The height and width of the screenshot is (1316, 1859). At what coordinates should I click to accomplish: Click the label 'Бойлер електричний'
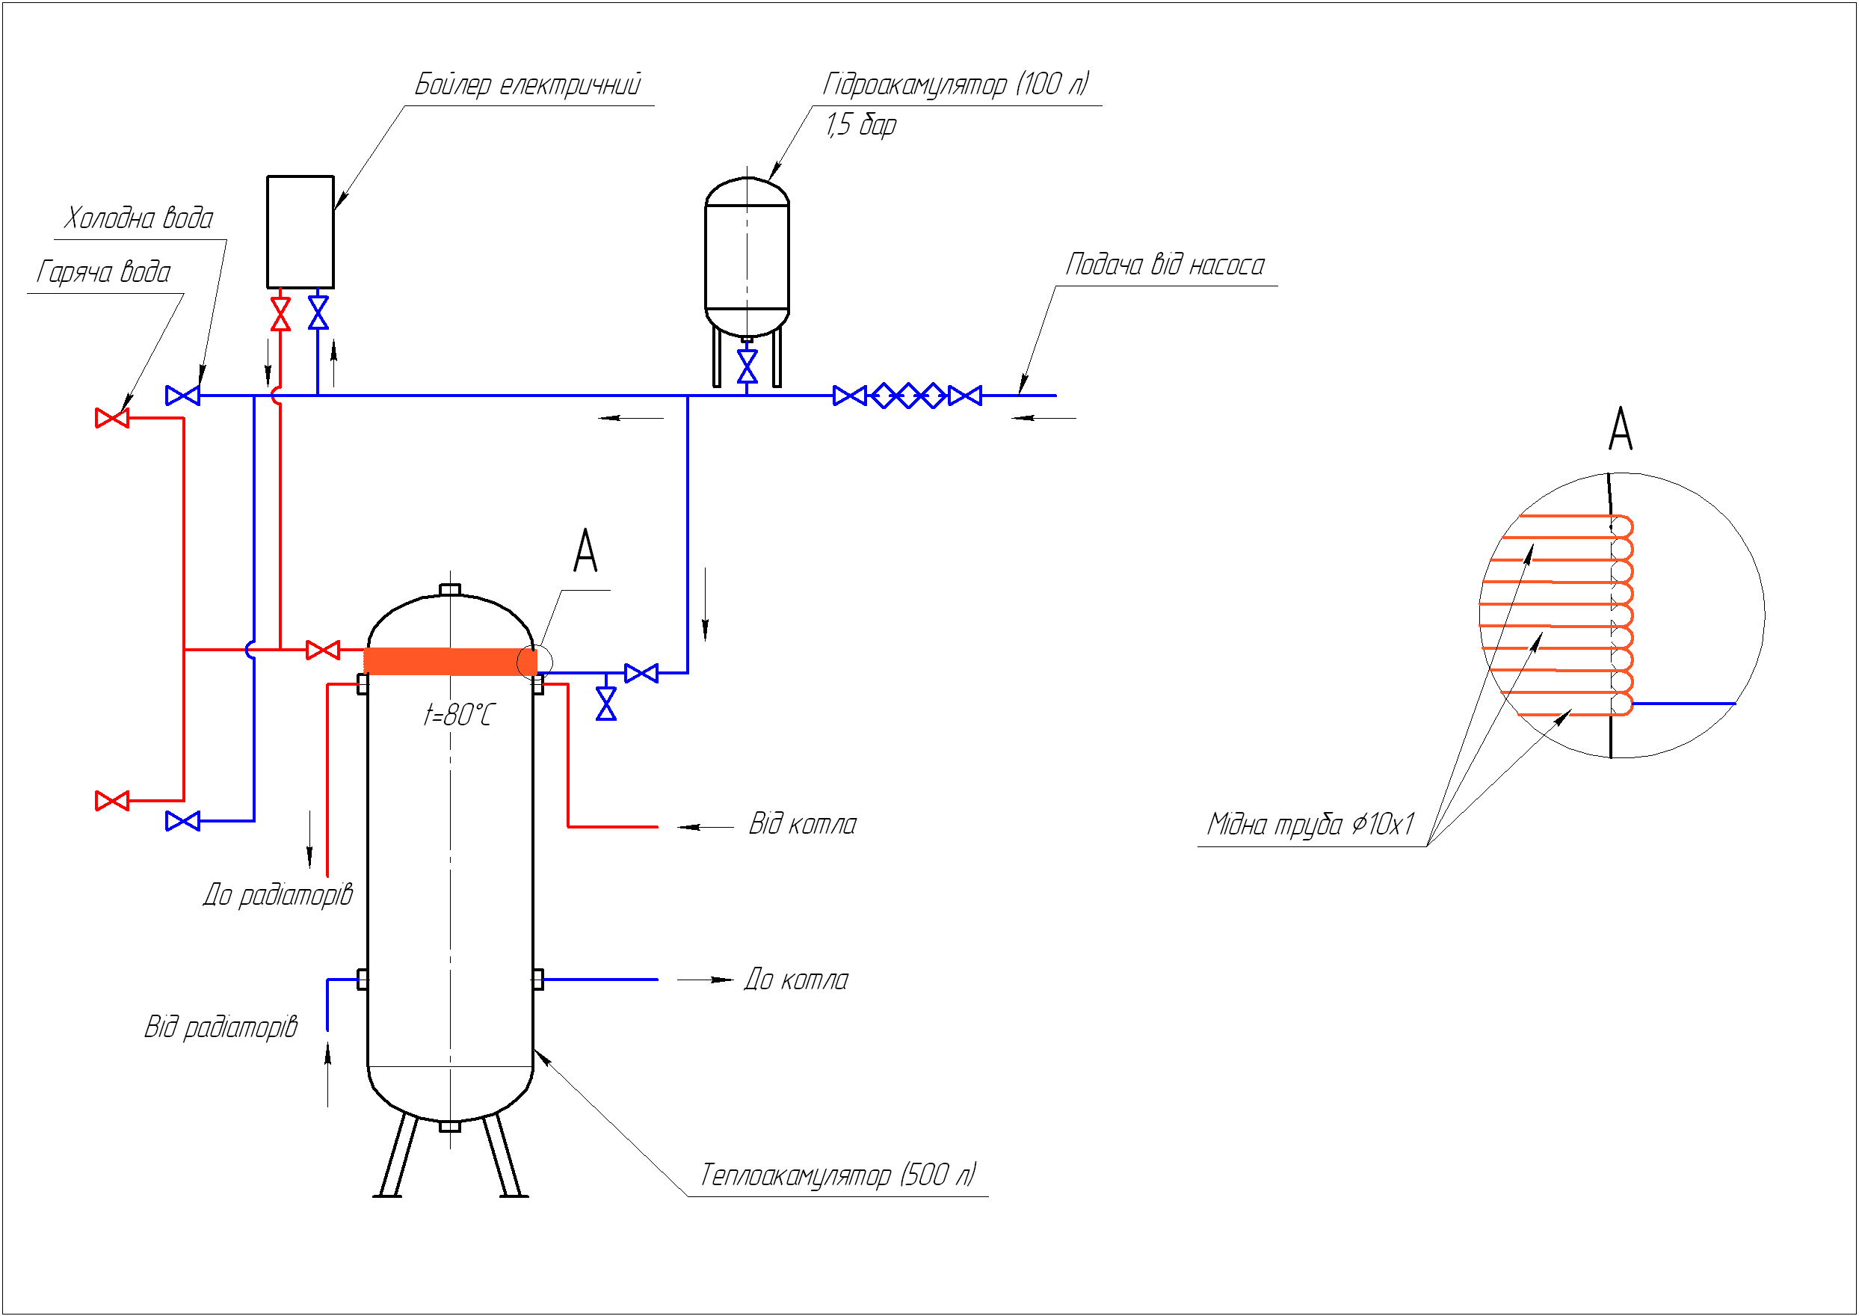(x=527, y=84)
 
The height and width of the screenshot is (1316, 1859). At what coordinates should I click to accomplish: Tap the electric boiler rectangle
(x=300, y=232)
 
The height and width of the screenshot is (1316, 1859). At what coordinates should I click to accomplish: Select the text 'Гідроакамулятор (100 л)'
(x=956, y=84)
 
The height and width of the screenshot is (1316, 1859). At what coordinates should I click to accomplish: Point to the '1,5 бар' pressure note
(x=861, y=125)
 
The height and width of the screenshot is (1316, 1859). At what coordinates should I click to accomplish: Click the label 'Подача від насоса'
(x=1165, y=264)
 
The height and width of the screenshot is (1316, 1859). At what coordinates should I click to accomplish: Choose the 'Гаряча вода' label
(x=104, y=271)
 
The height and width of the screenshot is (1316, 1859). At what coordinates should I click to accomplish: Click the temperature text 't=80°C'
(x=457, y=715)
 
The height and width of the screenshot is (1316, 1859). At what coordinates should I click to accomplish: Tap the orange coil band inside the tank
(x=449, y=661)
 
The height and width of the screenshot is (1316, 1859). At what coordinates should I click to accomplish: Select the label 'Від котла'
(x=802, y=824)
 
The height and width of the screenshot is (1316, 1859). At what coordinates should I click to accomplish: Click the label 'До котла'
(x=796, y=980)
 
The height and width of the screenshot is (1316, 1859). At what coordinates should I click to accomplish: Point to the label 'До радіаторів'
(x=278, y=894)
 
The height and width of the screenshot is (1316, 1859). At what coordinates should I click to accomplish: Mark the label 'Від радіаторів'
(x=221, y=1027)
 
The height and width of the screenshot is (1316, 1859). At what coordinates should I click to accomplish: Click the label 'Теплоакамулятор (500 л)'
(x=839, y=1174)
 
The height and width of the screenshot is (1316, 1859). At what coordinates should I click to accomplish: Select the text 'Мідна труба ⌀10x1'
(x=1310, y=824)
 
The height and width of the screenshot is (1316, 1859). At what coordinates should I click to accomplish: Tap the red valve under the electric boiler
(x=280, y=313)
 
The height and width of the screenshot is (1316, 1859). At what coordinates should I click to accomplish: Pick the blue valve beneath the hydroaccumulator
(x=747, y=366)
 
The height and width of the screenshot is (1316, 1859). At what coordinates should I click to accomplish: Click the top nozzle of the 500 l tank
(x=449, y=589)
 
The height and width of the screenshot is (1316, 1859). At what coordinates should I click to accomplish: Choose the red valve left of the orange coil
(x=322, y=650)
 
